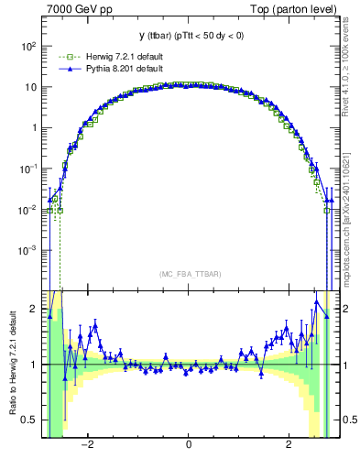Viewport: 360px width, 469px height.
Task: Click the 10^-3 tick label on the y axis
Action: [29, 250]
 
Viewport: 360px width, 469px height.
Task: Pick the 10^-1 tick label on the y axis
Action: [29, 169]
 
